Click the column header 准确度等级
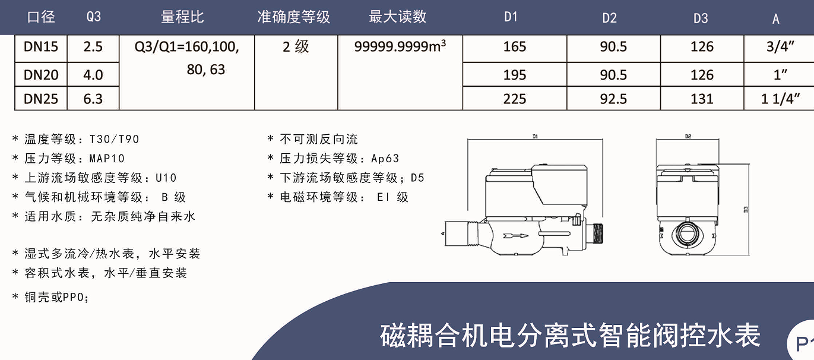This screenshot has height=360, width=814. (293, 17)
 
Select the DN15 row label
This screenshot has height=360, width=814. (41, 47)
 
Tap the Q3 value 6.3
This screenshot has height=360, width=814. (93, 99)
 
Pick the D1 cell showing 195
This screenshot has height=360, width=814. (514, 75)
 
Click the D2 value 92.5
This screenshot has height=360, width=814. (613, 99)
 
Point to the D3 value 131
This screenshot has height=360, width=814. (702, 99)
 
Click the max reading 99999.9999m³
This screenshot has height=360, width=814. (400, 47)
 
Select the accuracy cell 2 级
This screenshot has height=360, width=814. (296, 47)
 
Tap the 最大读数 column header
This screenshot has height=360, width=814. (397, 17)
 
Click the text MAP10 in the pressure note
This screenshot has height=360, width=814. (107, 159)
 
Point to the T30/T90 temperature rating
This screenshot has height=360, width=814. (114, 140)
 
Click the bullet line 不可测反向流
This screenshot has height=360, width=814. (319, 140)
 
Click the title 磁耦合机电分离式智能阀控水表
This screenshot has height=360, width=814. (569, 336)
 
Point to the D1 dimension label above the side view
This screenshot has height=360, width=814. (535, 137)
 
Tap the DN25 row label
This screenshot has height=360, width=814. (41, 99)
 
